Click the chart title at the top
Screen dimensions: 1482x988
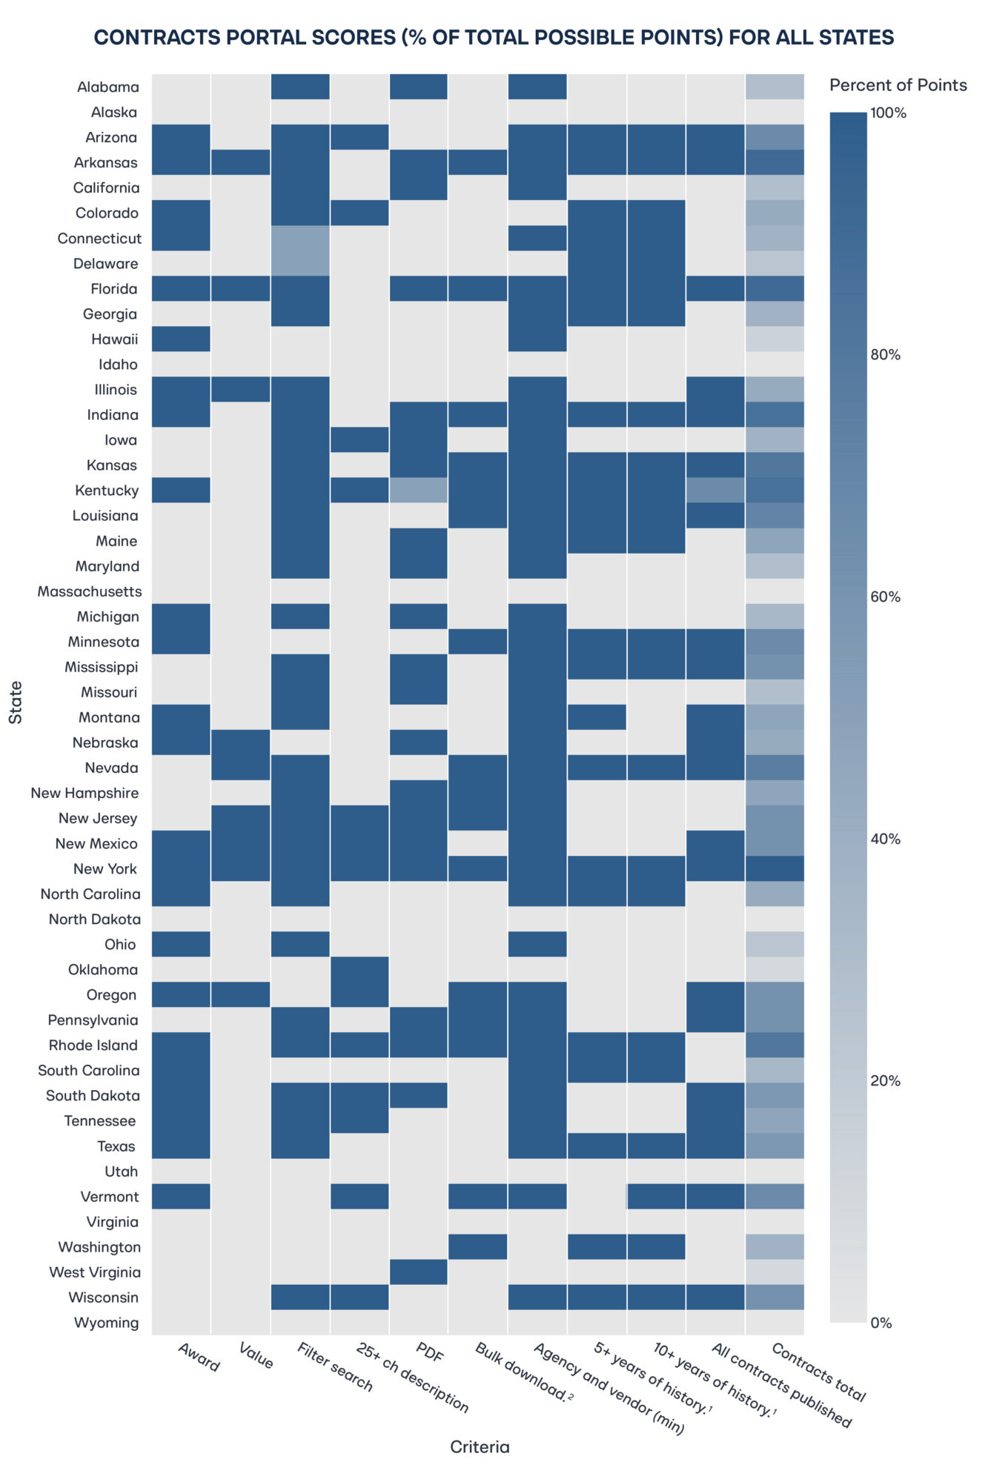[494, 37]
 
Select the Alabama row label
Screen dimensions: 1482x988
[108, 87]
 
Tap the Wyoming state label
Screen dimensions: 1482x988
[106, 1323]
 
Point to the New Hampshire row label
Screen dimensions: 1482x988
[84, 793]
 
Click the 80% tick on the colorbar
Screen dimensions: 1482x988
[885, 355]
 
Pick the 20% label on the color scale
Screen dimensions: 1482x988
[885, 1081]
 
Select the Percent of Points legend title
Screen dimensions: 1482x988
[898, 85]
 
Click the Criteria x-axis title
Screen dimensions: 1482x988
[480, 1447]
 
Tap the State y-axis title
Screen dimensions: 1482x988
[16, 702]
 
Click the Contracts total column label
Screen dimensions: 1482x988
[818, 1372]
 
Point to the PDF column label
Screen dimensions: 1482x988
[430, 1353]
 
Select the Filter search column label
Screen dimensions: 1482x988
[334, 1366]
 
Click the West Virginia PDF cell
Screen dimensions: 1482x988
[419, 1272]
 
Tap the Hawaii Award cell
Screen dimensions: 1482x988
[181, 339]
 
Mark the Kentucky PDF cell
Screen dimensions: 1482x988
[419, 490]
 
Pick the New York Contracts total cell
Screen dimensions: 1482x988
[775, 868]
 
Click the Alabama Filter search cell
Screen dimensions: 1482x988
[300, 87]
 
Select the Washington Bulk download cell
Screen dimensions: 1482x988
[478, 1247]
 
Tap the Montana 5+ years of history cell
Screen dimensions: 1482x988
[597, 717]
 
